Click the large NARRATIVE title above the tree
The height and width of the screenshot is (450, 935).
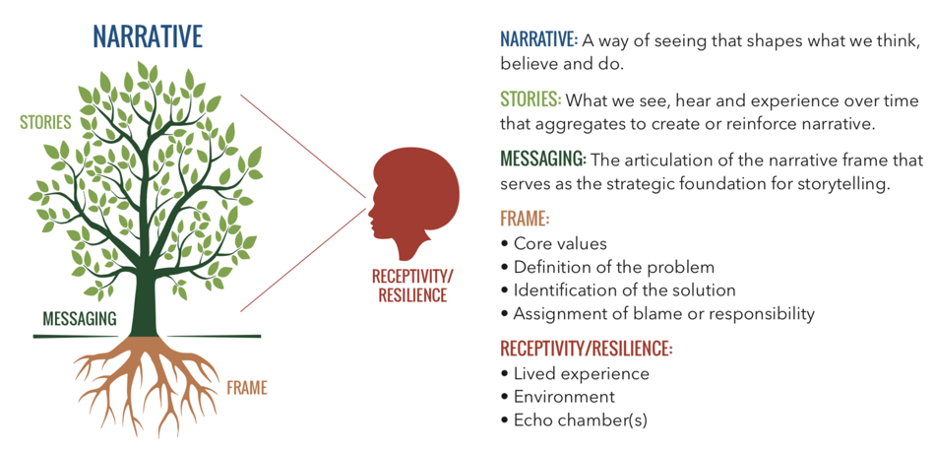(x=148, y=35)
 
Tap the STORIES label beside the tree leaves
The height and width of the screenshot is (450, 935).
(x=45, y=122)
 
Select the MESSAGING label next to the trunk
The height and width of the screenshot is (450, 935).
(x=80, y=318)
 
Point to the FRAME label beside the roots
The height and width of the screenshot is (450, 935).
(x=247, y=389)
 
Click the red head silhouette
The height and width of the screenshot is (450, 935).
(x=413, y=202)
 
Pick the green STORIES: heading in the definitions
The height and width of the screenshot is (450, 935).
(x=530, y=100)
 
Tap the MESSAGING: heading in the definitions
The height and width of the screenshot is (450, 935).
(x=543, y=160)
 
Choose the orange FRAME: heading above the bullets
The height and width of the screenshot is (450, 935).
(x=525, y=219)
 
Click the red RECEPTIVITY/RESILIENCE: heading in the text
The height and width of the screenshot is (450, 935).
(x=587, y=348)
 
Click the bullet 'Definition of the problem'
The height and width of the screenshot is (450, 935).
(x=613, y=267)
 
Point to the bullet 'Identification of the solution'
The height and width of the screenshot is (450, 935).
(x=624, y=290)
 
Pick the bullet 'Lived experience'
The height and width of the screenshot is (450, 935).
(x=582, y=373)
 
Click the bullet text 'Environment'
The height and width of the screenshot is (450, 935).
(x=564, y=397)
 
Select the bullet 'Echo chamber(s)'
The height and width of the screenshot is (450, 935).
(x=581, y=420)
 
